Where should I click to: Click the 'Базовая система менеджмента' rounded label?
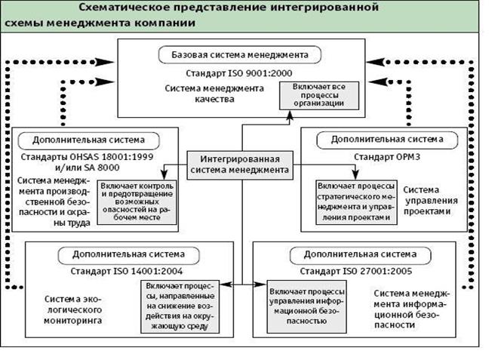(x=240, y=55)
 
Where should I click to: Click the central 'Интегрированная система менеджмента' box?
(x=239, y=165)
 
